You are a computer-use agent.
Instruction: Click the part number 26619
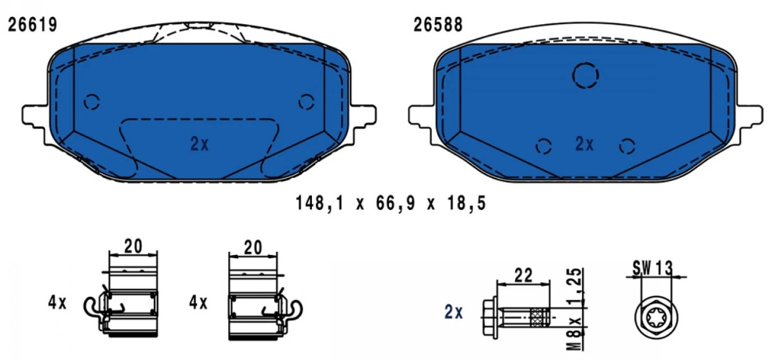pos(32,25)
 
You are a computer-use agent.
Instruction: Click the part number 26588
pos(438,25)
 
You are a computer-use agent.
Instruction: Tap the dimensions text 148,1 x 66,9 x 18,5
pos(391,203)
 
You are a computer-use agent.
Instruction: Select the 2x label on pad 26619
pos(199,144)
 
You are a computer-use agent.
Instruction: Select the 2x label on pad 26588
pos(585,144)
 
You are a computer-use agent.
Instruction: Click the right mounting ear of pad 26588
pos(750,116)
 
